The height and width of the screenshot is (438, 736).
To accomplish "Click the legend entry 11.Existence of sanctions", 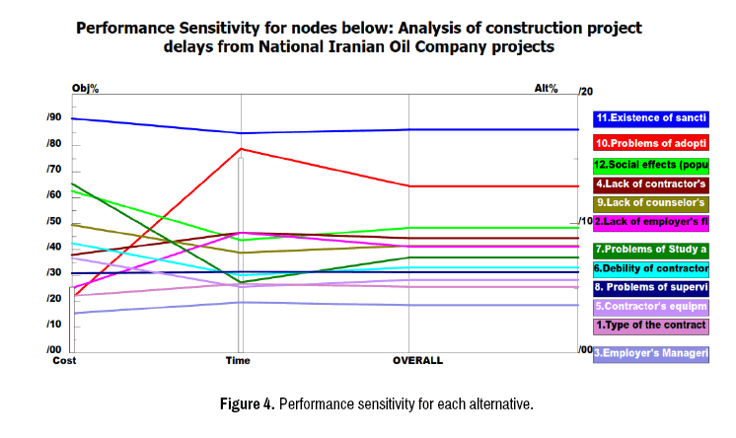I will [x=650, y=118].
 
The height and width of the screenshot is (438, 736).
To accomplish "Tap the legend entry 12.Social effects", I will [x=650, y=165].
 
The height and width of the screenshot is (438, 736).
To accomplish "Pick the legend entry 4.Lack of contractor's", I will [x=650, y=184].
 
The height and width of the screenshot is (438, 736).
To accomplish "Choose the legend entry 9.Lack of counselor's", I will [x=650, y=203].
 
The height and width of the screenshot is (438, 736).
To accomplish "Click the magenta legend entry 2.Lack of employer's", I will [x=650, y=222].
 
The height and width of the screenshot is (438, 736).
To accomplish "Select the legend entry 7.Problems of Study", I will [x=650, y=250].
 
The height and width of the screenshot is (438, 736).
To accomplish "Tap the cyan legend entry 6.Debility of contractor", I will [x=650, y=268].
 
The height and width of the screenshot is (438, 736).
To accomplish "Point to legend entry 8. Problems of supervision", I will [x=650, y=287].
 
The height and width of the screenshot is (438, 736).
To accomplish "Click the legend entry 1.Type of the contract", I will [x=650, y=325].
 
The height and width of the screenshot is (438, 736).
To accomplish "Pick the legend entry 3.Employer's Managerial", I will [x=650, y=352].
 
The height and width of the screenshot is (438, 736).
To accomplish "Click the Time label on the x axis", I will [x=238, y=361].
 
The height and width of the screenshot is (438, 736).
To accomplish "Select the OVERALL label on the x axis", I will [x=417, y=361].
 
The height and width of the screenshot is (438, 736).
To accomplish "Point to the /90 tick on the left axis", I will [x=53, y=118].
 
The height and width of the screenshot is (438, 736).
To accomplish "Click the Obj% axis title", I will [x=86, y=89].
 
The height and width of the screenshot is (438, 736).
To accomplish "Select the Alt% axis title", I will [x=547, y=89].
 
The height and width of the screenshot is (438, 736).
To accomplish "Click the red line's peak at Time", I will [x=240, y=149].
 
